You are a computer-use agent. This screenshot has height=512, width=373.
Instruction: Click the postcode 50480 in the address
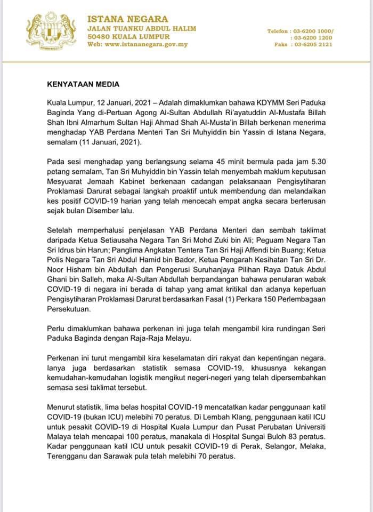[100, 37]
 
